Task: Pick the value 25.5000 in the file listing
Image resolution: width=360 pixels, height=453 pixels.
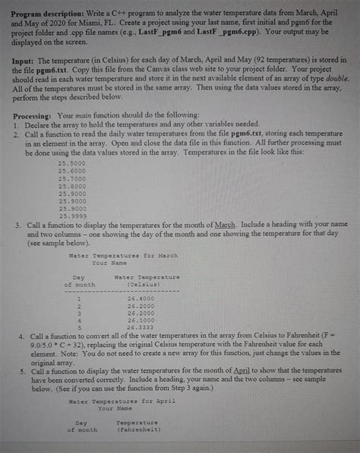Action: [x=72, y=163]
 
